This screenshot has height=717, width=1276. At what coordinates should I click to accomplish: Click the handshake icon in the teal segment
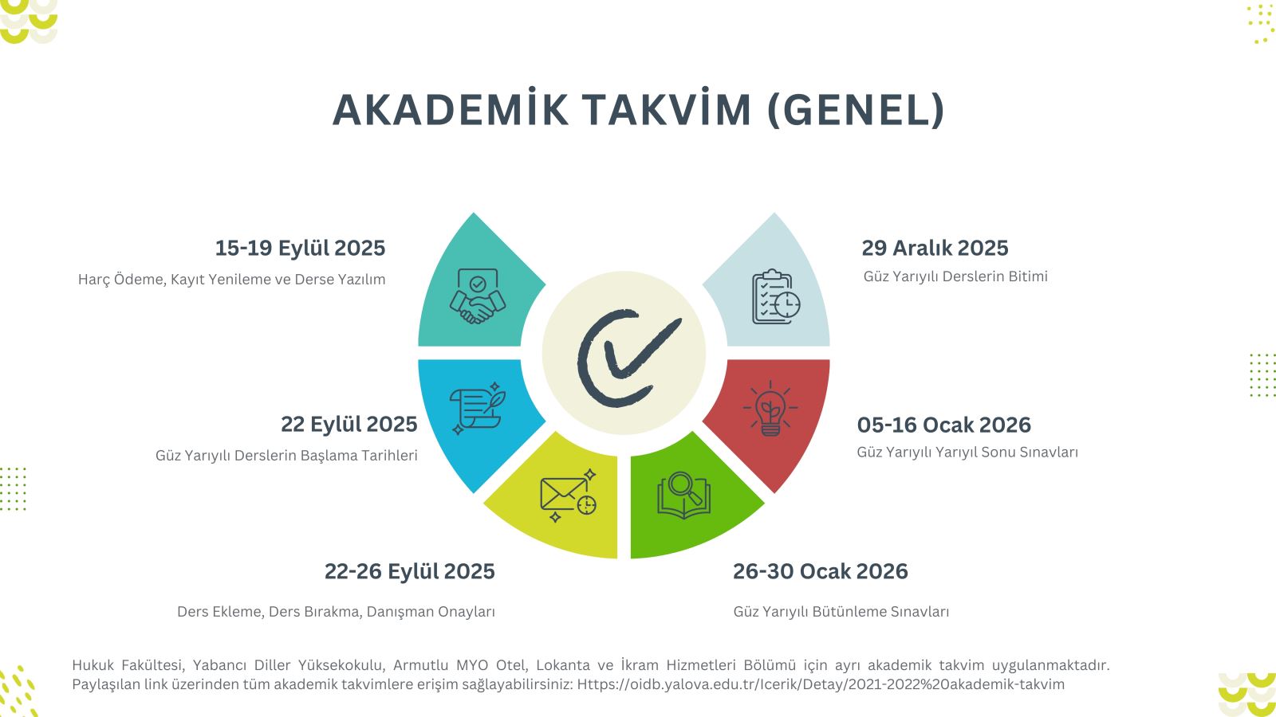coord(478,296)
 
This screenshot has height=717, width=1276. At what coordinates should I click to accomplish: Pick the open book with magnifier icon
coord(683,495)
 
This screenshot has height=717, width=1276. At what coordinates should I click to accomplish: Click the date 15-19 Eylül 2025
coord(300,248)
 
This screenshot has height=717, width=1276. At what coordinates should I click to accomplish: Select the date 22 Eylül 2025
coord(349,425)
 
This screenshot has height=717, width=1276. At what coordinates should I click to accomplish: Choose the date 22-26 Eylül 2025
coord(410,571)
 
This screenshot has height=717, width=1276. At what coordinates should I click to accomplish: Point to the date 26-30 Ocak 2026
coord(821,571)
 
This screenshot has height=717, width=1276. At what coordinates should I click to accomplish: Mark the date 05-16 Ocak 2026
coord(944,425)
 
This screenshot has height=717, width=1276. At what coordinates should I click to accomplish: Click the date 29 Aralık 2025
coord(935,248)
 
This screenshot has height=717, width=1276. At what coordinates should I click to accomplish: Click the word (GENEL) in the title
coord(857,109)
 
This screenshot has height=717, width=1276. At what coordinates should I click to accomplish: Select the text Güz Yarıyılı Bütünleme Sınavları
coord(841,612)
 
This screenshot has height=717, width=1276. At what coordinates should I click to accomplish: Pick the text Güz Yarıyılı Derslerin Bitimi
coord(955,276)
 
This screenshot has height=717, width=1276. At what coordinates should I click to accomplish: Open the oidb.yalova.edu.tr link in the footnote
coord(821,684)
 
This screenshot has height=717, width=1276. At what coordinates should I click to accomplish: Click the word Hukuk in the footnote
coord(93,665)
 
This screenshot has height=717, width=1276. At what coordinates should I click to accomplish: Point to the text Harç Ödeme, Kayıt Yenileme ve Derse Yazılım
coord(232,280)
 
